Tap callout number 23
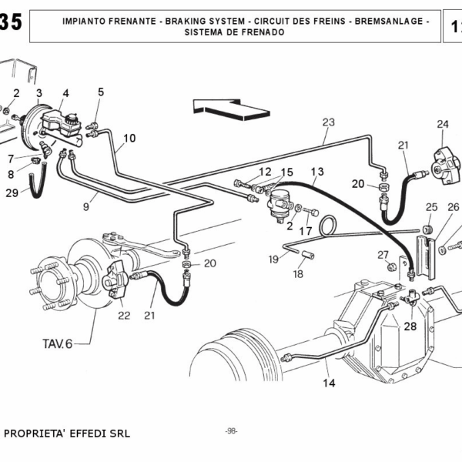(x=329, y=122)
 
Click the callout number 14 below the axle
(x=329, y=383)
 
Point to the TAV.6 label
(x=58, y=343)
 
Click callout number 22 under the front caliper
(x=124, y=314)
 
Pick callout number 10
(x=129, y=139)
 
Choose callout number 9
(x=87, y=206)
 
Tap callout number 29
(x=12, y=192)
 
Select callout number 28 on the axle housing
(x=410, y=326)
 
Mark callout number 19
(x=273, y=259)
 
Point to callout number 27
(x=383, y=255)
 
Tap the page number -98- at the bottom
(x=230, y=431)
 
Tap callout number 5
(x=100, y=92)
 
